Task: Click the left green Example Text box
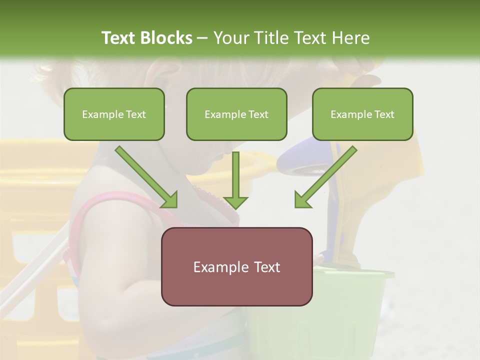(x=114, y=114)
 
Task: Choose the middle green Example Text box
(x=236, y=114)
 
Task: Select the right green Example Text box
(x=362, y=114)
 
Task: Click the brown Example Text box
(x=236, y=266)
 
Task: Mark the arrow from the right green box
(x=326, y=176)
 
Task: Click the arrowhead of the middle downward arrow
(x=235, y=202)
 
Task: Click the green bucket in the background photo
(x=350, y=300)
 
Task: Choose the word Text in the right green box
(x=384, y=114)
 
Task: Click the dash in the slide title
(x=202, y=38)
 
